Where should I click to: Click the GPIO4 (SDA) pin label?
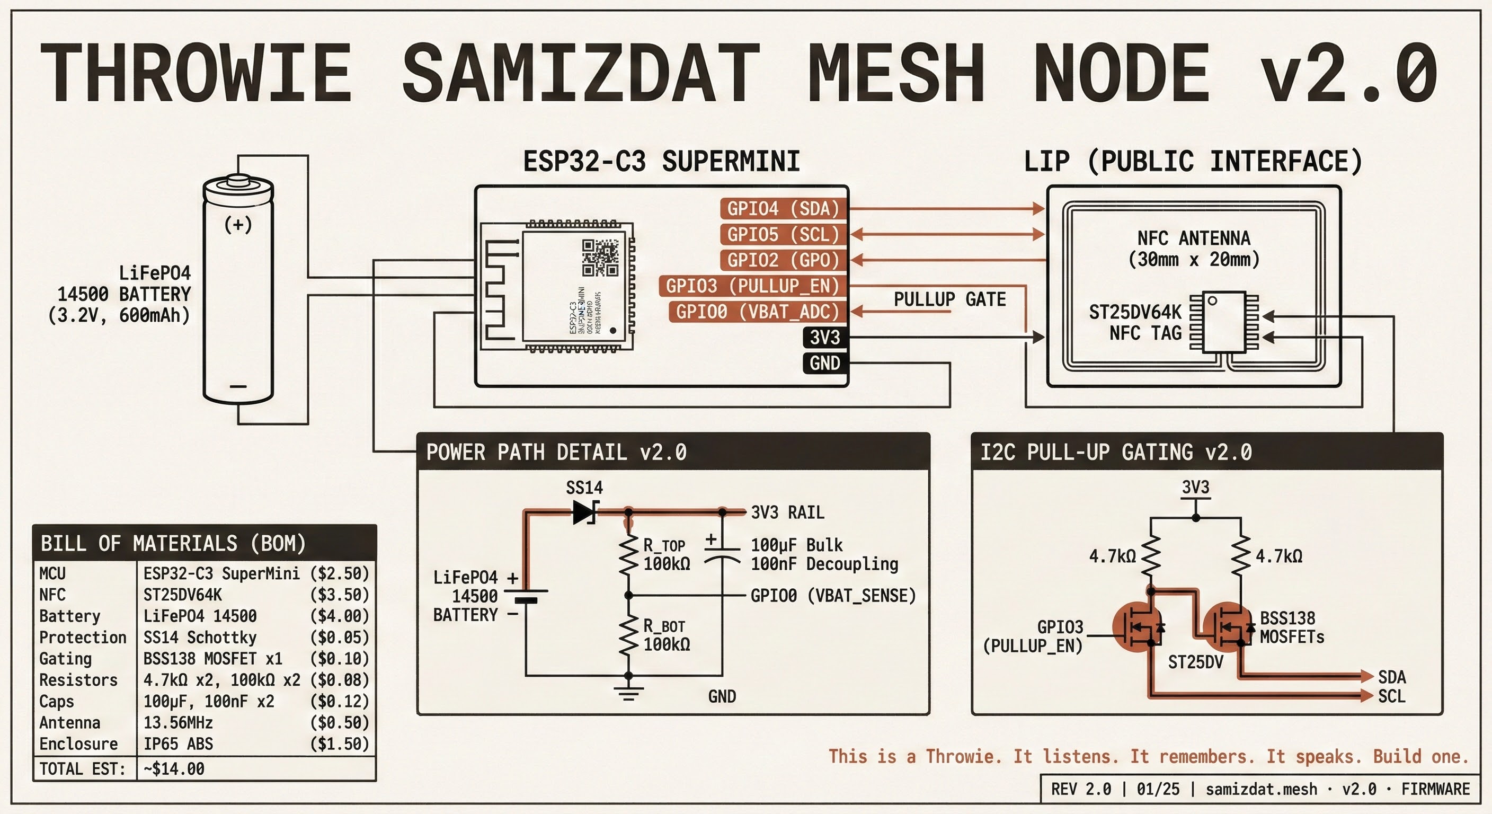(783, 209)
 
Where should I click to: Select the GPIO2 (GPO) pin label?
(783, 260)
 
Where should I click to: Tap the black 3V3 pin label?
(825, 337)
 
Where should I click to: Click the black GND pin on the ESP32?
(825, 363)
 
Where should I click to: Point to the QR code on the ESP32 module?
(600, 258)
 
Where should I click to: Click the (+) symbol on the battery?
(238, 224)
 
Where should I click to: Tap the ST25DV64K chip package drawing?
(1224, 322)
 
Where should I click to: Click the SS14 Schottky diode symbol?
(584, 512)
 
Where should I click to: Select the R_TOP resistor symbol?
(628, 554)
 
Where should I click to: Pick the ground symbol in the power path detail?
(628, 692)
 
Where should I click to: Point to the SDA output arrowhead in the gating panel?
(1366, 676)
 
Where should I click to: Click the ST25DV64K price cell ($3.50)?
(340, 595)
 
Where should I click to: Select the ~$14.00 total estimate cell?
(174, 769)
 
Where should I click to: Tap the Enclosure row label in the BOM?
(78, 744)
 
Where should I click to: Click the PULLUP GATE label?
(949, 299)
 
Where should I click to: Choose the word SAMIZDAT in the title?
(580, 74)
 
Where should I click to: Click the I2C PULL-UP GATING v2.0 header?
(1115, 452)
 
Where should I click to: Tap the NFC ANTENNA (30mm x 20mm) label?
(1194, 249)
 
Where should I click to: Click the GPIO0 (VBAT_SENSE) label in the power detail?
(833, 596)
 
